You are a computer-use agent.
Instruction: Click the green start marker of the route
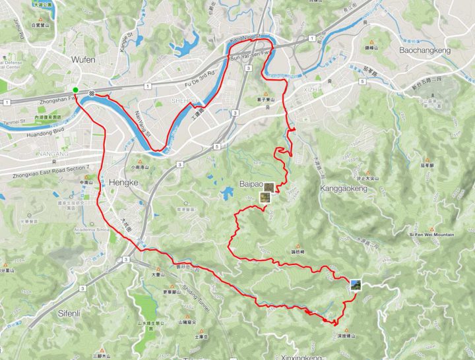tap(76, 90)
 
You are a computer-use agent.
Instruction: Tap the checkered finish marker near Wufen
tap(94, 93)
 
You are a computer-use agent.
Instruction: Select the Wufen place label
tap(83, 59)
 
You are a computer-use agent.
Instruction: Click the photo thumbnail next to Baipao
tap(269, 189)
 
